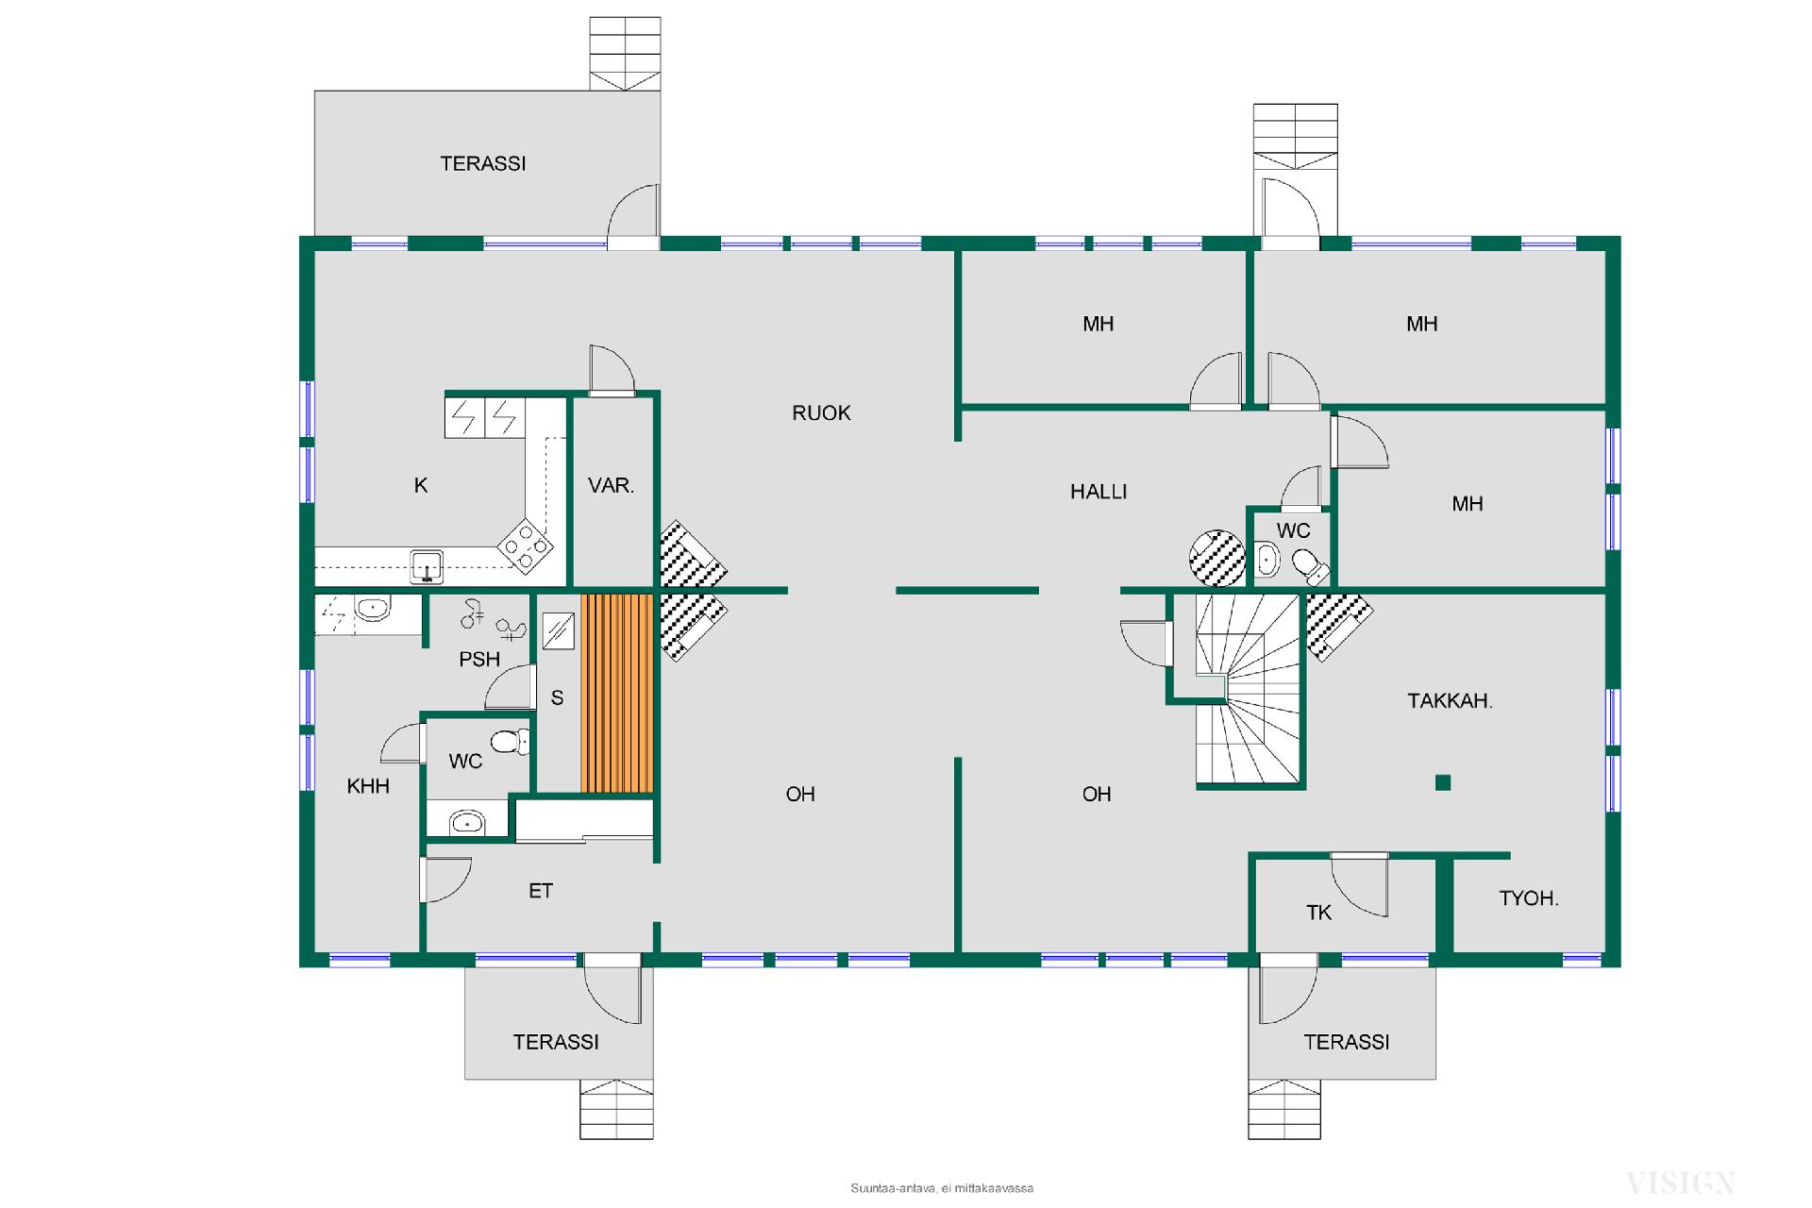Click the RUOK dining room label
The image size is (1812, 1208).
pos(821,412)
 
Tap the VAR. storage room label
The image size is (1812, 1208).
pos(611,485)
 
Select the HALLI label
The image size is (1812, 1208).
pos(1099,491)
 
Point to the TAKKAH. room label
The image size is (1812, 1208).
pos(1450,700)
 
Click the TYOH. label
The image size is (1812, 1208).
pos(1528,898)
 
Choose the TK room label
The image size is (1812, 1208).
pos(1318,912)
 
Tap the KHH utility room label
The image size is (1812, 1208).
pos(368,785)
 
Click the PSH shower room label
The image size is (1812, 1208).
pos(479,659)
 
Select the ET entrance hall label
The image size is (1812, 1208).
pos(540,890)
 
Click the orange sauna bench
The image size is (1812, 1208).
pos(617,693)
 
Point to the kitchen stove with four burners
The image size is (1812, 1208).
pos(526,545)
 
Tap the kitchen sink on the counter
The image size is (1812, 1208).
pos(427,565)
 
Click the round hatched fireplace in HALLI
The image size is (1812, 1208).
pos(1217,558)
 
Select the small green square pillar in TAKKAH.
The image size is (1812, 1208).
pos(1442,782)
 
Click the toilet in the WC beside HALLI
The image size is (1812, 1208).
pos(1310,566)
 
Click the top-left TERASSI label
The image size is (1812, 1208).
pos(483,163)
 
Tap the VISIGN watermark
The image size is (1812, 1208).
pos(1680,1182)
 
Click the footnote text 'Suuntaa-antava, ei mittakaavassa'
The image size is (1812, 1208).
pos(942,1188)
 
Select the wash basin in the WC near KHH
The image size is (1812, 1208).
pos(466,823)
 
